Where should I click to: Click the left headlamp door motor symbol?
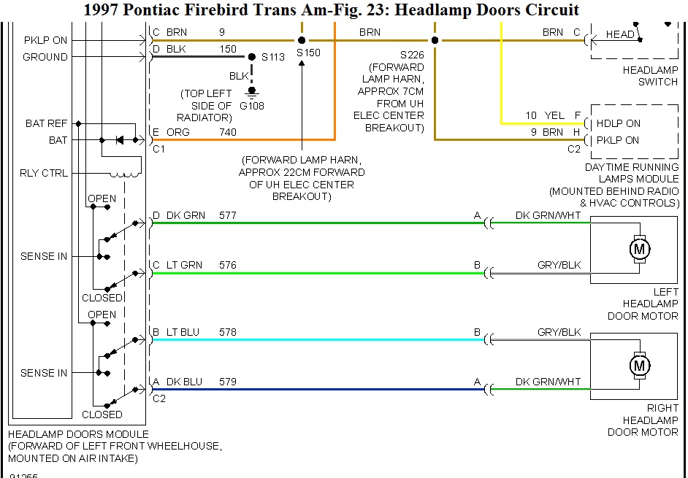tap(640, 250)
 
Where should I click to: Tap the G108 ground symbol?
tap(253, 93)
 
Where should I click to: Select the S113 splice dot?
tap(252, 57)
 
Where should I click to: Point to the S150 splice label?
tap(308, 53)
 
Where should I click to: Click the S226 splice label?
tap(412, 55)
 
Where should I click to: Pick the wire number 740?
tap(228, 132)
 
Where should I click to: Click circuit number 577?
tap(228, 215)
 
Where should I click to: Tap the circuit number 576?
tap(228, 265)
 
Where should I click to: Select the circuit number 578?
tap(228, 332)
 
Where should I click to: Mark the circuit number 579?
tap(228, 382)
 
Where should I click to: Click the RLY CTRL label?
tap(44, 173)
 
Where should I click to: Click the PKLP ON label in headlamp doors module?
tap(45, 40)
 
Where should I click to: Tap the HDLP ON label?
tap(618, 123)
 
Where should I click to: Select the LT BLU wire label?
tap(183, 332)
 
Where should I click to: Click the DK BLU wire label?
tap(183, 382)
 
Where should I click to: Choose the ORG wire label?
tap(178, 132)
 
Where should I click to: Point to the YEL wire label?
tap(554, 115)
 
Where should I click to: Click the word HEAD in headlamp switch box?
tap(620, 34)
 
